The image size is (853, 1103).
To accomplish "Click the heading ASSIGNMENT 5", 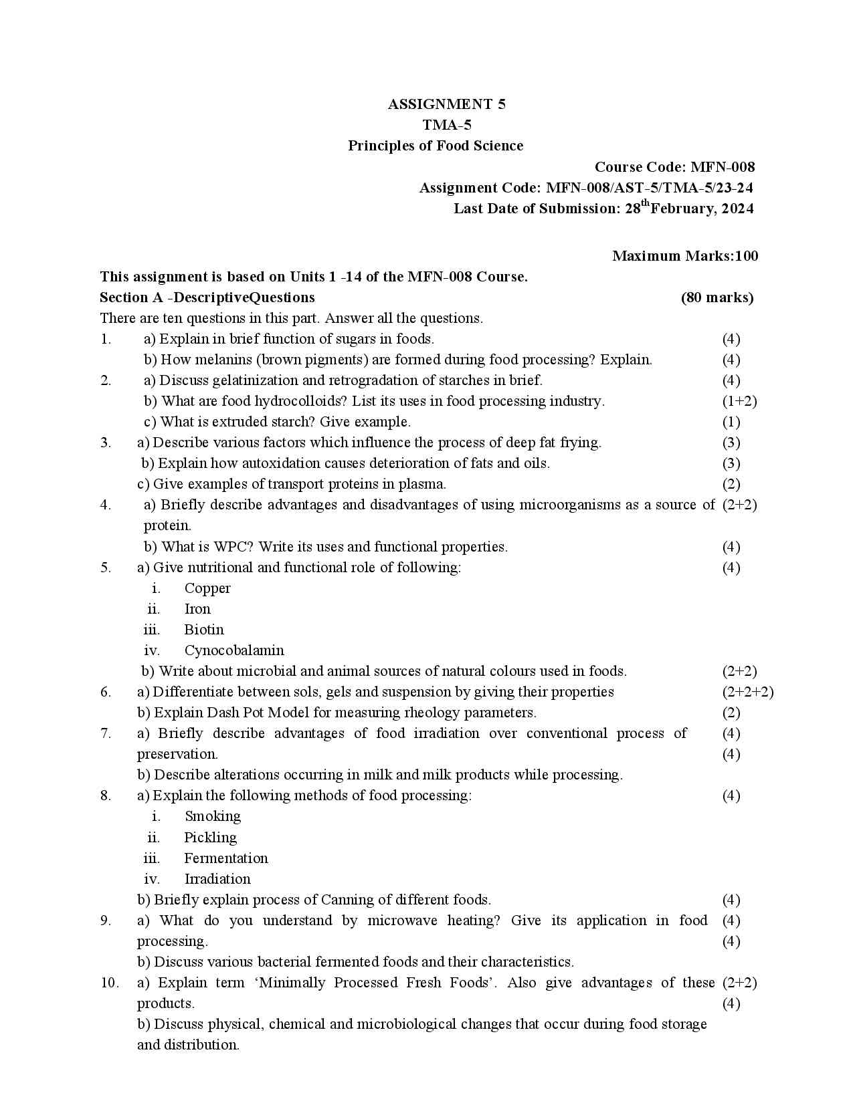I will pos(447,104).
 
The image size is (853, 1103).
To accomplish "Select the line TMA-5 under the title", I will pos(447,125).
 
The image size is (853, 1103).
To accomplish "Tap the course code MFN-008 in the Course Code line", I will pos(723,167).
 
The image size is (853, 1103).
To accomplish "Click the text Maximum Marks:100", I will pos(685,256).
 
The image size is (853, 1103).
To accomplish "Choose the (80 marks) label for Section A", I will pos(717,297).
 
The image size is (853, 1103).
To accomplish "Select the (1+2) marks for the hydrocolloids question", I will pos(739,401).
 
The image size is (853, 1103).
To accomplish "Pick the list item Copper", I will pos(207,588).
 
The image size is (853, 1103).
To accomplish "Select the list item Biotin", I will pos(204,630).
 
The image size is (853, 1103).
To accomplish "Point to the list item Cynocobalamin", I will pos(234,650).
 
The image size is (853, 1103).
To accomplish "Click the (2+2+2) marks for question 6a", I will pos(747,692).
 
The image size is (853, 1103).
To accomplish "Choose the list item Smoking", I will pos(213,816).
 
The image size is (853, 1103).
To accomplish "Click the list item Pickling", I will pos(210,838).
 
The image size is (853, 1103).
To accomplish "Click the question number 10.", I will pos(110,983).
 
